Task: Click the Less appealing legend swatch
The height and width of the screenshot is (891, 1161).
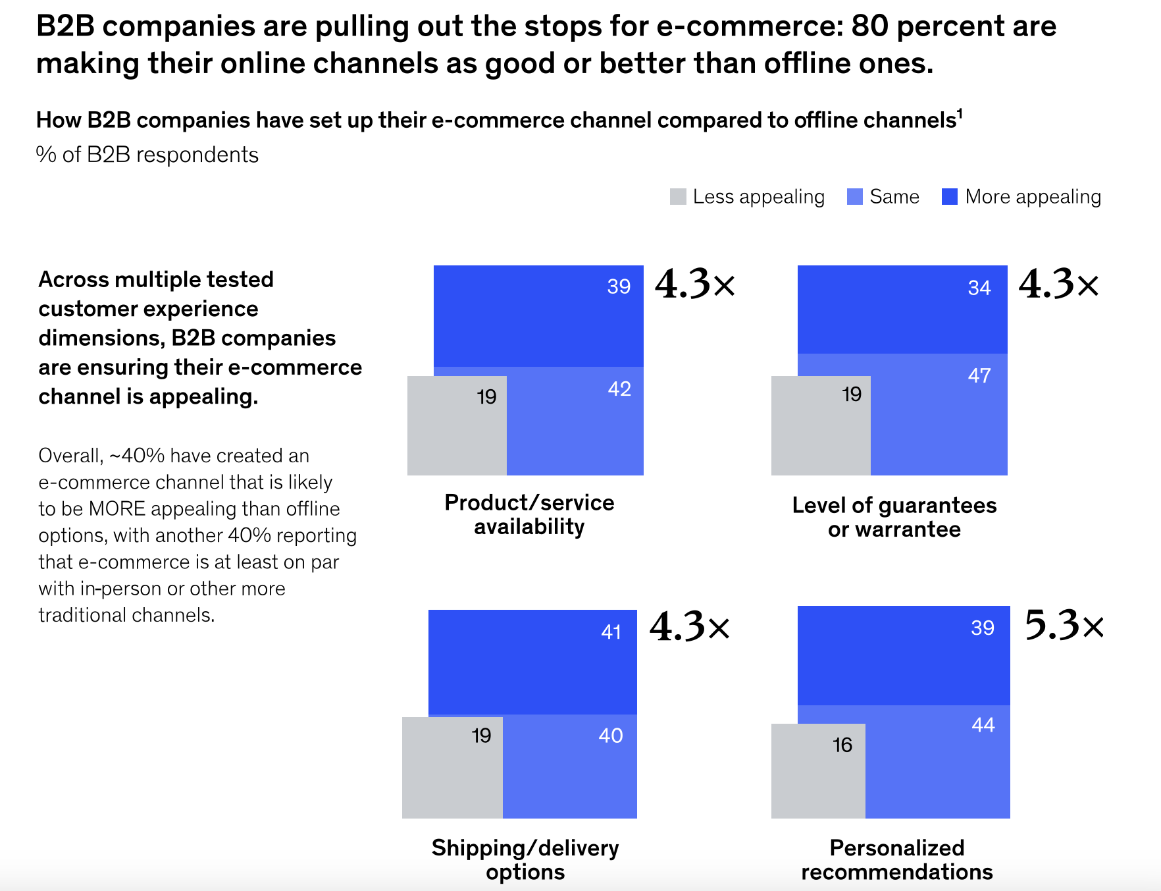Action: (x=678, y=197)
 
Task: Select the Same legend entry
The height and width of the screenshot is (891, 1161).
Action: (x=883, y=197)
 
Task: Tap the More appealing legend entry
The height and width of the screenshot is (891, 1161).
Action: (x=1021, y=197)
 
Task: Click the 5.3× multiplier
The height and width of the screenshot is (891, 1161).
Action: (x=1064, y=625)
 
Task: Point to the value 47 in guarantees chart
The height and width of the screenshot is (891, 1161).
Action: (x=979, y=376)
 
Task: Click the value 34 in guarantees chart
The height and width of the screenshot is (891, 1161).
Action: (x=979, y=288)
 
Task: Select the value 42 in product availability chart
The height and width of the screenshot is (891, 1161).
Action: (x=619, y=389)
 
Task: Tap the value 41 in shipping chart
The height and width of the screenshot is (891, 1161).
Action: (x=611, y=632)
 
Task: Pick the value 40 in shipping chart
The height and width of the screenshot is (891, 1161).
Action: (x=611, y=736)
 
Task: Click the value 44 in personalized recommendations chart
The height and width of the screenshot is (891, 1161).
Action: (x=983, y=725)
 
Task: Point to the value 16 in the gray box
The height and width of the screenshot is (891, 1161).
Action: (x=842, y=745)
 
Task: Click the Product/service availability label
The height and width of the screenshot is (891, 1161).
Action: (x=529, y=514)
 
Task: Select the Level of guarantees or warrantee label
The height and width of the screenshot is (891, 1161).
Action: (x=894, y=517)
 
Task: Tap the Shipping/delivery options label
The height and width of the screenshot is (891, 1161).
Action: (x=525, y=859)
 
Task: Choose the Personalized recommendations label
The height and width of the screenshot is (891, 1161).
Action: (x=896, y=859)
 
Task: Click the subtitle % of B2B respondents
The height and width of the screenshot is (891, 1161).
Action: (x=147, y=155)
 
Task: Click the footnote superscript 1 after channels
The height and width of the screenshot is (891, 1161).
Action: (x=960, y=114)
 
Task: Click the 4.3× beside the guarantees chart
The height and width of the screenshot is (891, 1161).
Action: (x=1058, y=284)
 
